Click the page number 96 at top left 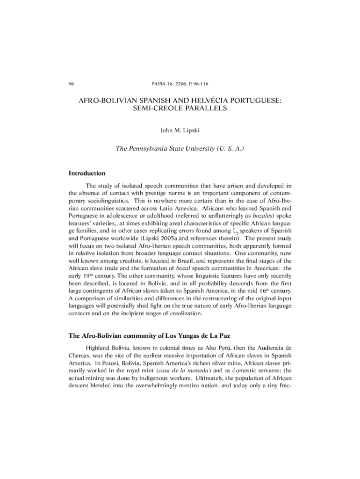point(71,84)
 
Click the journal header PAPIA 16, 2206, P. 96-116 point(180,84)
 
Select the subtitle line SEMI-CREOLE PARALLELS point(180,109)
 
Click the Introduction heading point(87,173)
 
